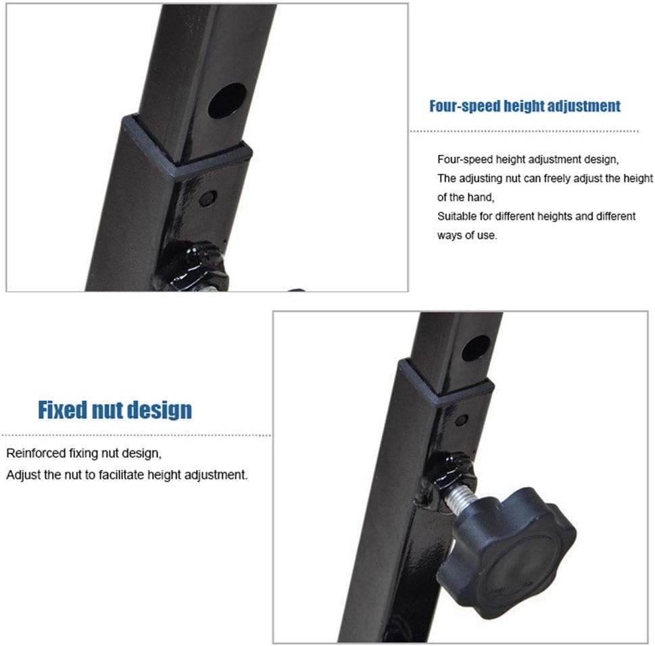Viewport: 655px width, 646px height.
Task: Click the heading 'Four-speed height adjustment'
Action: click(x=525, y=106)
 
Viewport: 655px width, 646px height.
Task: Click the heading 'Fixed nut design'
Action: click(x=115, y=410)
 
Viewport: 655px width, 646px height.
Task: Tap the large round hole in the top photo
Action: click(x=227, y=101)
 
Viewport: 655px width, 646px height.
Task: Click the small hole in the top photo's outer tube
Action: click(x=208, y=198)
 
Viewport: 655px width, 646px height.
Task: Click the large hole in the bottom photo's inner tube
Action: click(x=477, y=348)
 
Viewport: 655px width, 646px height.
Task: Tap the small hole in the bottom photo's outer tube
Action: click(x=461, y=420)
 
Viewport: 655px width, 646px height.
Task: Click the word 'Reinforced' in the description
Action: click(x=32, y=453)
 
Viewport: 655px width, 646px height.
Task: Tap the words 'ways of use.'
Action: click(x=468, y=235)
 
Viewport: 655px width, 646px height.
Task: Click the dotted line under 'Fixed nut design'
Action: click(x=136, y=435)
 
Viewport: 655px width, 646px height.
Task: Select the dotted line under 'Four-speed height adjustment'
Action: click(x=525, y=131)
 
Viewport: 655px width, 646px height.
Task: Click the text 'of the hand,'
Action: click(x=466, y=198)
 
